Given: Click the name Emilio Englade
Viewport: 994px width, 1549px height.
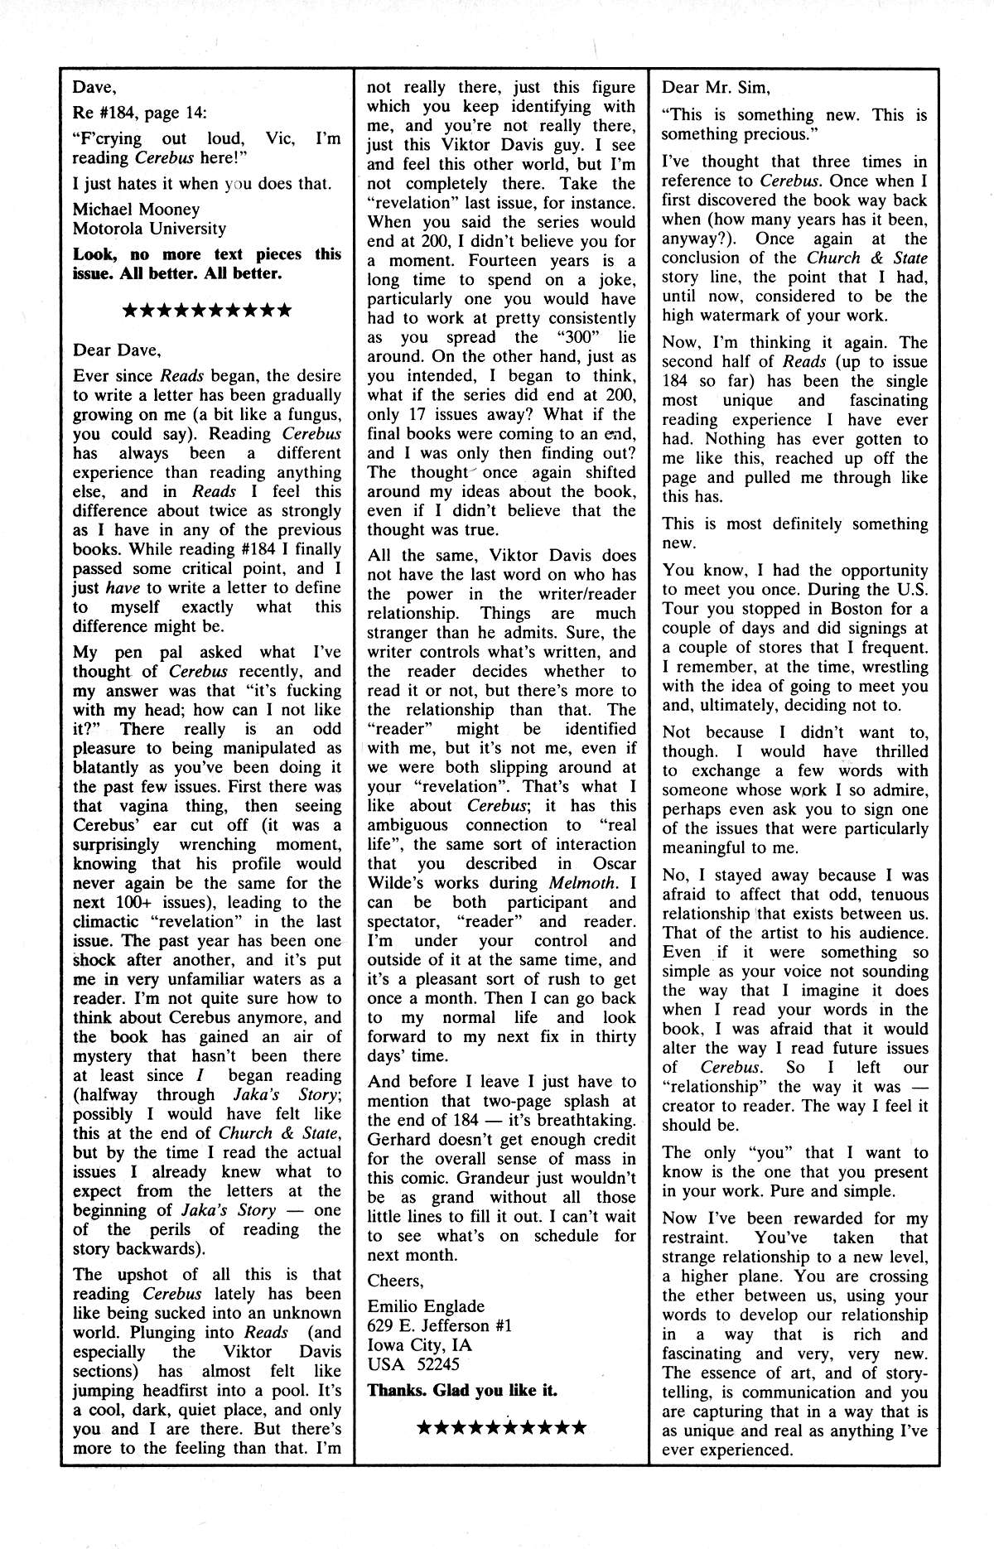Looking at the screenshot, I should click(x=426, y=1305).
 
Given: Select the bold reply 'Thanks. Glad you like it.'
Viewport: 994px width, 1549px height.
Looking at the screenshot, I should click(x=461, y=1390).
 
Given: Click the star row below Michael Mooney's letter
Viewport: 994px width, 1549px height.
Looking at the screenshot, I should click(x=206, y=311).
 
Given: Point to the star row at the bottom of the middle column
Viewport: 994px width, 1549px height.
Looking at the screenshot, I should click(x=502, y=1427).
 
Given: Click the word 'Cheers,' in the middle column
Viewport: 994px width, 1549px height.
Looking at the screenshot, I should click(x=395, y=1281).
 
